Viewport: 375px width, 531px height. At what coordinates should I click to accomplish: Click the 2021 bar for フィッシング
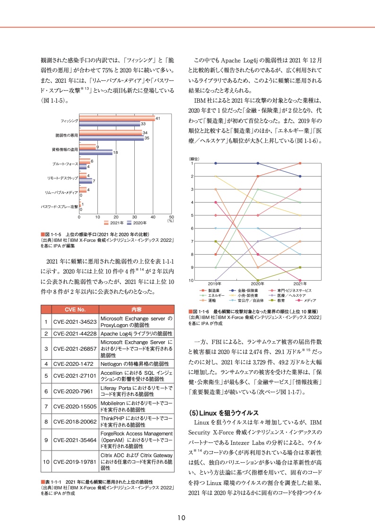tap(117, 118)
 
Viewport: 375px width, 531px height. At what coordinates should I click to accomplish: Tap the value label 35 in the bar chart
tap(147, 138)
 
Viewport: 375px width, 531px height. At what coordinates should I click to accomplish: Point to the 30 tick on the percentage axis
tap(135, 217)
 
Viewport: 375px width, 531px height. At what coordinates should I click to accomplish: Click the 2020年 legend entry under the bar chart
tap(137, 222)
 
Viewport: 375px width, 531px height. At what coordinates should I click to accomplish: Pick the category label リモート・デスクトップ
tap(62, 177)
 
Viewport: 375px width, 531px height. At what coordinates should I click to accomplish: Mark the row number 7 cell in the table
tap(46, 406)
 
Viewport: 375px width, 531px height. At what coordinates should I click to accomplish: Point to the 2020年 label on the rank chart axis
tap(258, 283)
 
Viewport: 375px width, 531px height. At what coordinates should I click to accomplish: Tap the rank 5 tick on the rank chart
tap(192, 215)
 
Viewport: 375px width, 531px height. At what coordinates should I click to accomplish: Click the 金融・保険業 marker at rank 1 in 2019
tap(216, 163)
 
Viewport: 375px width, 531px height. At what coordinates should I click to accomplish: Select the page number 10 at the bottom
tap(181, 517)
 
